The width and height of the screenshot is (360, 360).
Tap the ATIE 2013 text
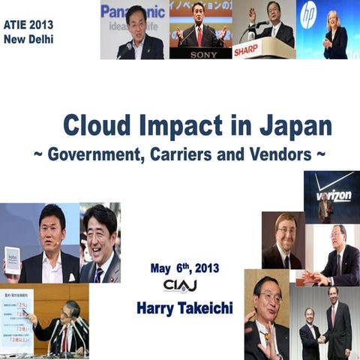click(28, 25)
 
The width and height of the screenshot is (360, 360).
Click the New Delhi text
click(28, 38)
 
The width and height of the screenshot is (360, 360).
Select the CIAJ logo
click(180, 285)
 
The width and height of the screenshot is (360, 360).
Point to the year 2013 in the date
click(208, 268)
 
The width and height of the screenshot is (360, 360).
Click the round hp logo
click(308, 15)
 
